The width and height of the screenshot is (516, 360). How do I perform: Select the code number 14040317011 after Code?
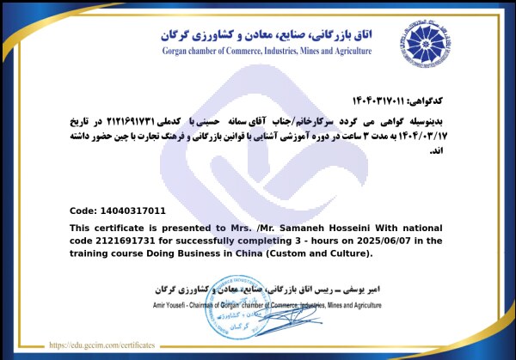[x=133, y=211]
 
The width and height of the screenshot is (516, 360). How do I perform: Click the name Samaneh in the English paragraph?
[x=266, y=227]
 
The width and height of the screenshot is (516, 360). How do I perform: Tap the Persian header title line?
[x=267, y=34]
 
